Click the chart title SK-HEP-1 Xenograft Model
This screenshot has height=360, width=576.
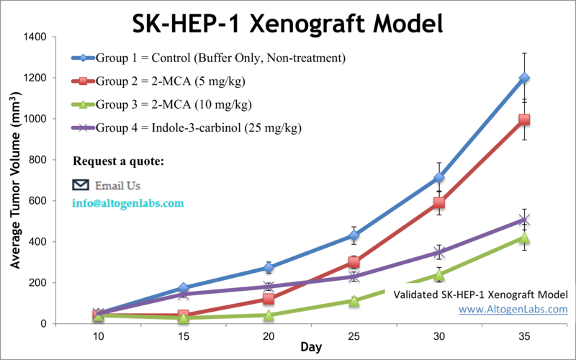[x=287, y=23]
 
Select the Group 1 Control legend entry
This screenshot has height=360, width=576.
[x=209, y=58]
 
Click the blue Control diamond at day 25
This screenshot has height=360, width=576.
[x=354, y=235]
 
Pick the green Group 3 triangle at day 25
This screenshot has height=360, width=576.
[x=354, y=301]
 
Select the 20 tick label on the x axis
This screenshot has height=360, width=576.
[x=269, y=336]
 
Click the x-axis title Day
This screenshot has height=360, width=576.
[x=311, y=348]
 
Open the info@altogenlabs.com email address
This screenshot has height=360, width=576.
[x=128, y=203]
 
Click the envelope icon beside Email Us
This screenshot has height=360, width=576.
[x=81, y=185]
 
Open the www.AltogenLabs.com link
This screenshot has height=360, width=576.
[x=513, y=310]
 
